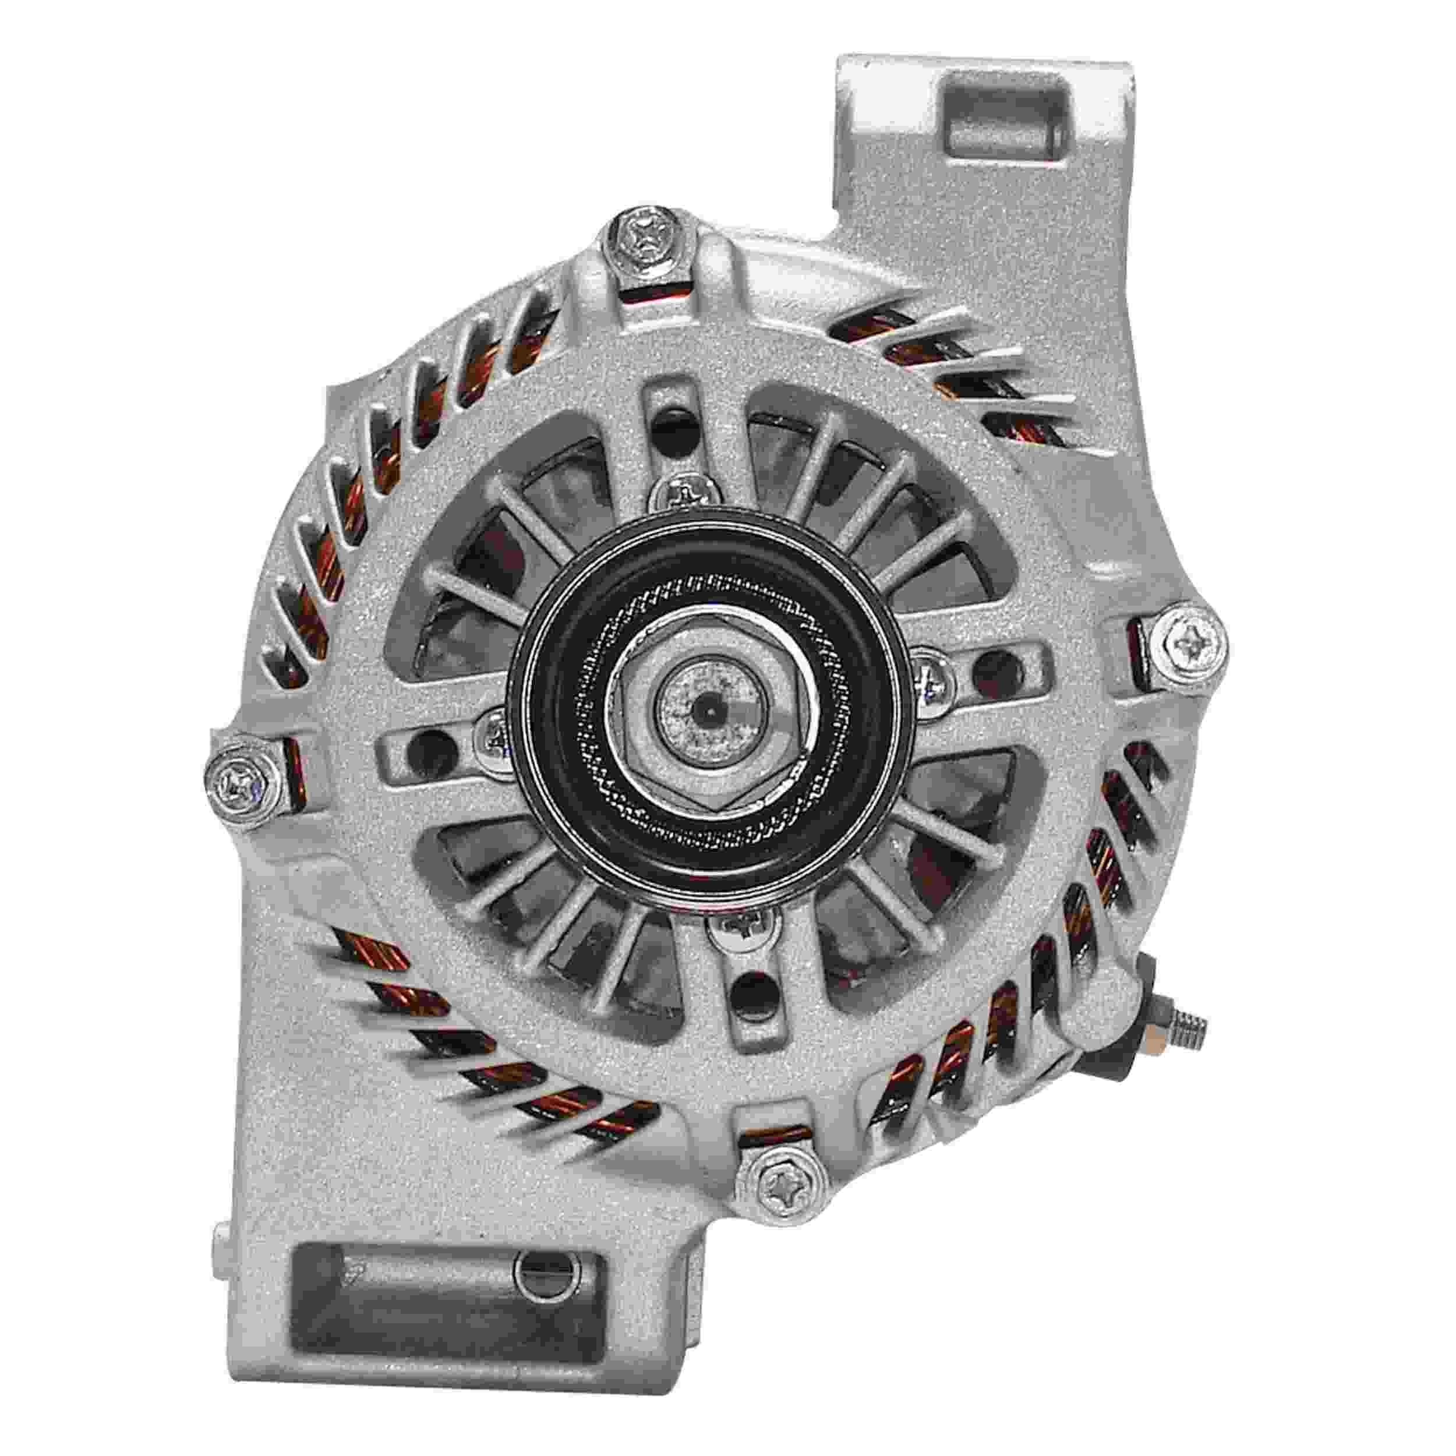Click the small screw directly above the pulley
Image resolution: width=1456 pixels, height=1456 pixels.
tap(678, 494)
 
